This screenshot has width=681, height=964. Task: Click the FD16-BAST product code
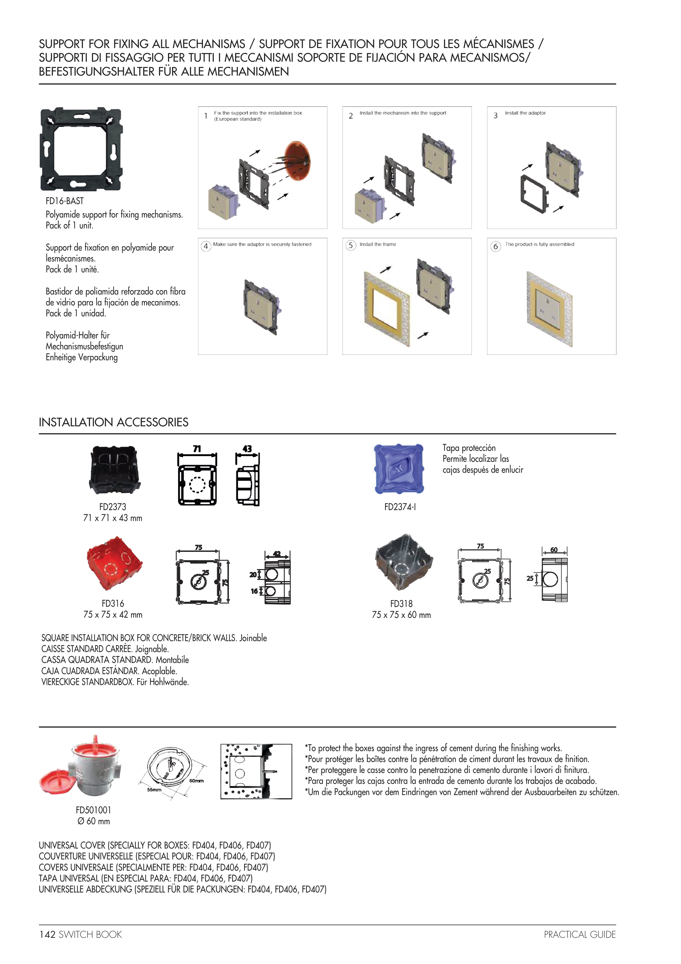click(65, 201)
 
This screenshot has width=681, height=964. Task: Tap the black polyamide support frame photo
click(81, 149)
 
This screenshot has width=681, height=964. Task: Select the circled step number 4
click(206, 246)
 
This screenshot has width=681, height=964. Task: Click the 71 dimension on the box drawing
click(197, 449)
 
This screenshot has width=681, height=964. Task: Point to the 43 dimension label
click(247, 448)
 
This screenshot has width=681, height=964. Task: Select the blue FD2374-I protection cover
click(399, 469)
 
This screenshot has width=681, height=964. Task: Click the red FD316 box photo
click(114, 563)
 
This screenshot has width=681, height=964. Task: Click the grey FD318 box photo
click(403, 562)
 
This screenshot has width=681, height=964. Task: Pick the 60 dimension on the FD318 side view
click(554, 550)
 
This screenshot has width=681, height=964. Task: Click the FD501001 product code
click(94, 810)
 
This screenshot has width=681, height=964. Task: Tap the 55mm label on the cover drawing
click(154, 790)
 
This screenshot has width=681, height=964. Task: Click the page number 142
click(47, 934)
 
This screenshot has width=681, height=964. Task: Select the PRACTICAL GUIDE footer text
click(580, 934)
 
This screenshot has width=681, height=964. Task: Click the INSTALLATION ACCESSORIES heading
click(114, 423)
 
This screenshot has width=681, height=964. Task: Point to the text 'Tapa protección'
click(469, 448)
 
